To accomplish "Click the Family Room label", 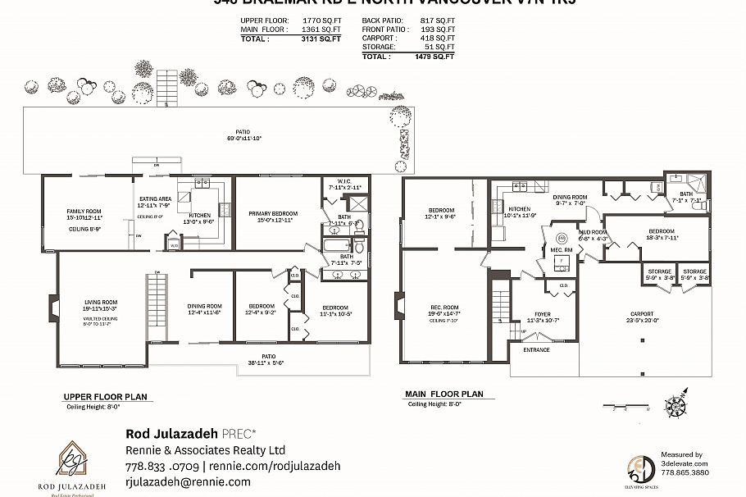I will click(x=84, y=211).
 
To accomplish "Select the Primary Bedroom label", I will click(x=272, y=213).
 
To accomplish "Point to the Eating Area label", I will click(x=154, y=198).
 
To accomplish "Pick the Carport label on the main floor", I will click(x=642, y=314).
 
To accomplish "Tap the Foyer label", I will click(x=542, y=312).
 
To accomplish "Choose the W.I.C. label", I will click(x=339, y=181).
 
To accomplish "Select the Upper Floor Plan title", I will click(x=105, y=396).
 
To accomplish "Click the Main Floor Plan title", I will click(x=444, y=394).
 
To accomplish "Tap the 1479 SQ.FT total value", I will click(x=427, y=57).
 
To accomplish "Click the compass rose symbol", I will click(x=676, y=405).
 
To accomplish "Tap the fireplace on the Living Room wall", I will click(x=52, y=307).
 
